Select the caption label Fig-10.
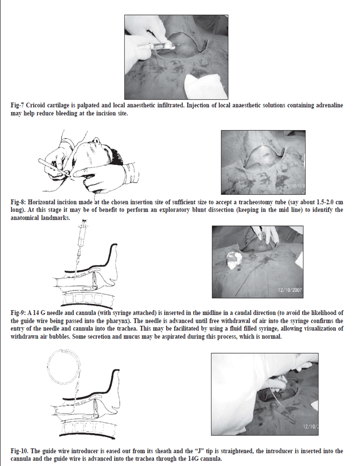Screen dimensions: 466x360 coord(19,451)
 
